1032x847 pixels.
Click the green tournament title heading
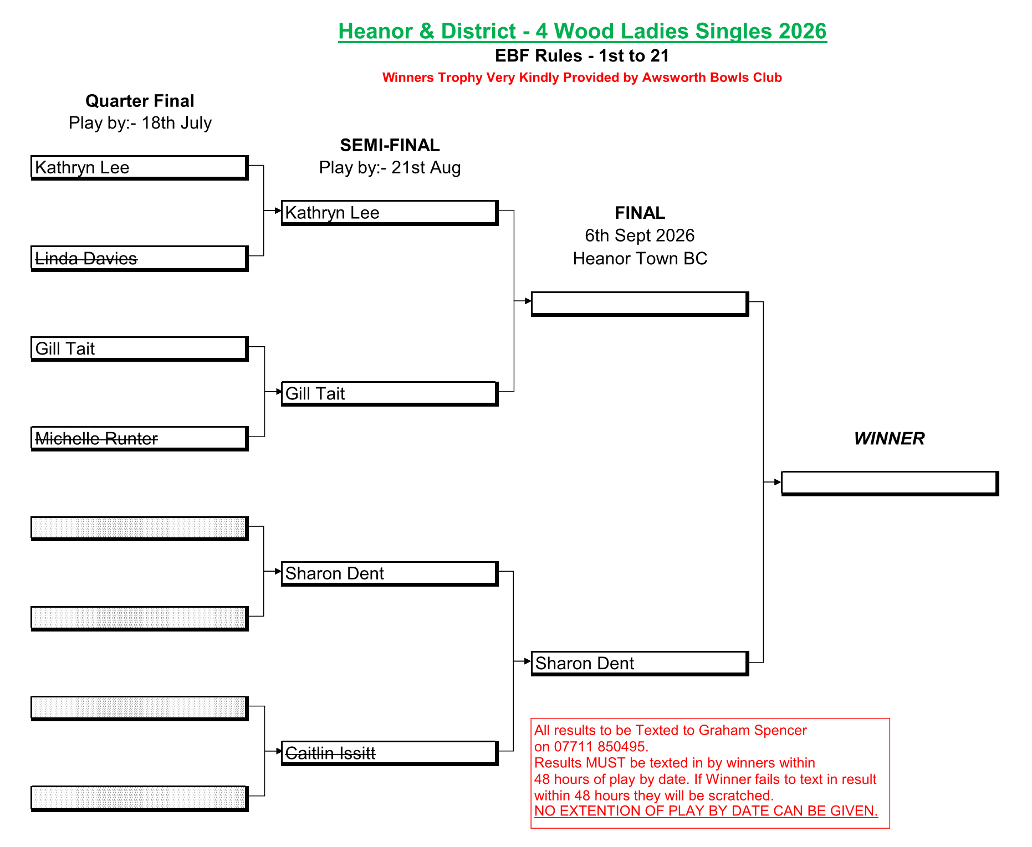(x=583, y=32)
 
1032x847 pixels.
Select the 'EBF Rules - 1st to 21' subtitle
(x=582, y=56)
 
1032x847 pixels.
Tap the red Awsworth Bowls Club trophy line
(x=582, y=78)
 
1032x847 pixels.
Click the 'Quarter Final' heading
(x=140, y=101)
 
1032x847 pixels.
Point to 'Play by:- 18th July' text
(x=140, y=123)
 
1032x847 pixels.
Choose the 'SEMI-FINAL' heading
(x=390, y=145)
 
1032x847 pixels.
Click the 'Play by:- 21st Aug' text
(x=390, y=167)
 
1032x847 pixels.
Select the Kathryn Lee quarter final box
(x=140, y=167)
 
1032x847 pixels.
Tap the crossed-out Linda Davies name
(x=86, y=258)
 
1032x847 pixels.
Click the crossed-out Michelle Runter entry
(x=96, y=439)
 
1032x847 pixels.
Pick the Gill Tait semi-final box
(x=390, y=393)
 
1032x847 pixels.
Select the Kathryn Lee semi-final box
(x=390, y=213)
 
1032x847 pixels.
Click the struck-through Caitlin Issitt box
(x=390, y=753)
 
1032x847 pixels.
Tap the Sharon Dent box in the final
(x=640, y=663)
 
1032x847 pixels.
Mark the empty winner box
(x=890, y=483)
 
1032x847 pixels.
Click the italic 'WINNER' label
(x=889, y=439)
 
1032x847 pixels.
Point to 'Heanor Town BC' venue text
(x=640, y=259)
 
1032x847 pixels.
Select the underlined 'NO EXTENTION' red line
(x=706, y=811)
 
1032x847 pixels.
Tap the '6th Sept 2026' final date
(x=640, y=235)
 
